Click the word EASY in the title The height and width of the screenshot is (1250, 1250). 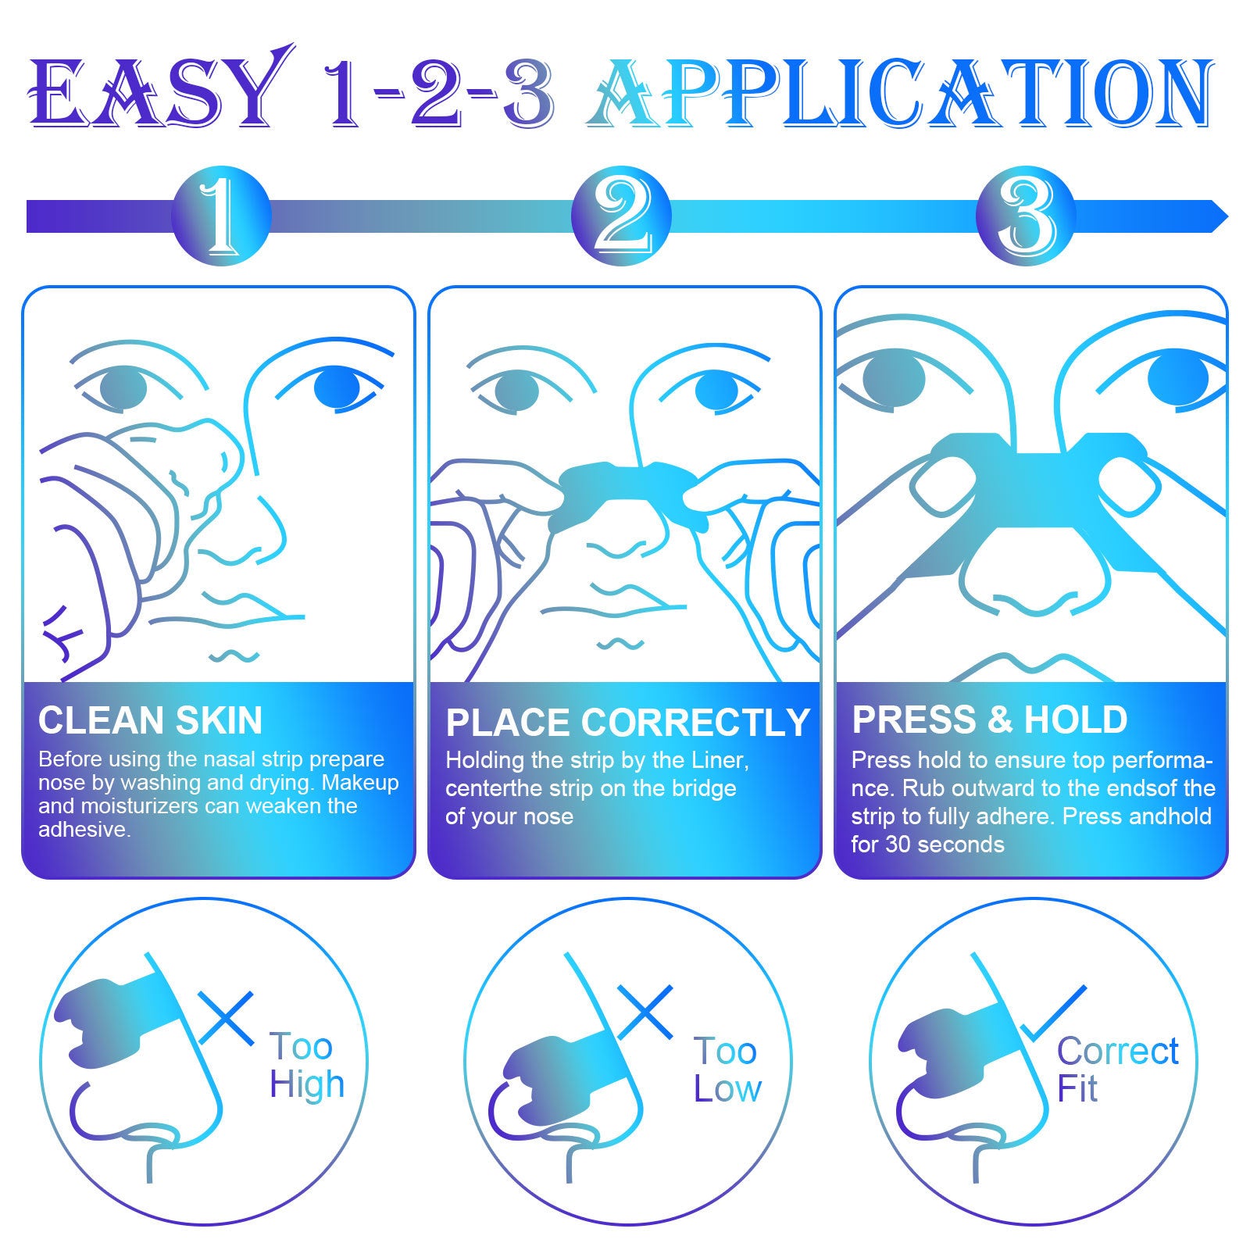[x=156, y=94]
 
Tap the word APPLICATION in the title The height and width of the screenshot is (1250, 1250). [x=898, y=94]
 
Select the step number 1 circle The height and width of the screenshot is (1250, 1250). [x=221, y=216]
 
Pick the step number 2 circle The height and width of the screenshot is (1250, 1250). [x=621, y=216]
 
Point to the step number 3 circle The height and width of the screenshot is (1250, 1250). [x=1026, y=216]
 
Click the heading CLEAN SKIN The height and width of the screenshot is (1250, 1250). [x=150, y=720]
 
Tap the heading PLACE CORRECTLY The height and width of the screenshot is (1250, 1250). [x=627, y=723]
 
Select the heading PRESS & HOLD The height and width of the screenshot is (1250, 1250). [x=989, y=720]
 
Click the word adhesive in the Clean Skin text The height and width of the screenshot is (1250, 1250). [x=83, y=830]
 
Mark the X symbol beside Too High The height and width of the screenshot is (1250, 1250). [x=226, y=1018]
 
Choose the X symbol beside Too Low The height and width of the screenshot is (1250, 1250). [x=645, y=1012]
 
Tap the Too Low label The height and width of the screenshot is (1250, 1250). [x=727, y=1070]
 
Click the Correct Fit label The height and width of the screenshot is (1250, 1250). [x=1116, y=1070]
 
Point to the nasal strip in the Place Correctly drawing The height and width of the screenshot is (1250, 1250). [x=625, y=488]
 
